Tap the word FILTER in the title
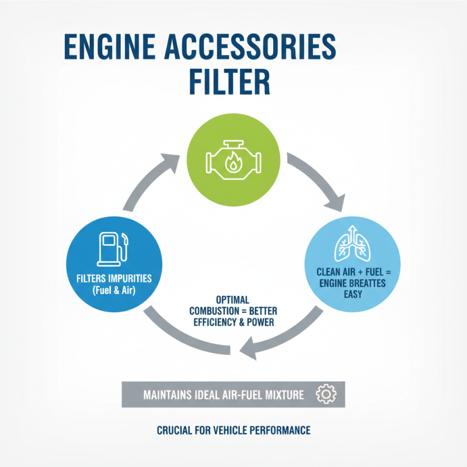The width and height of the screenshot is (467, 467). [x=228, y=83]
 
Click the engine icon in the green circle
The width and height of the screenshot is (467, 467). [x=233, y=158]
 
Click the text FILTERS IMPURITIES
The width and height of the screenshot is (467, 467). [x=113, y=278]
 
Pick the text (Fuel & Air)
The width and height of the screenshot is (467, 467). [x=113, y=290]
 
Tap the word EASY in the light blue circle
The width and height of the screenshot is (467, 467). [x=353, y=294]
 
